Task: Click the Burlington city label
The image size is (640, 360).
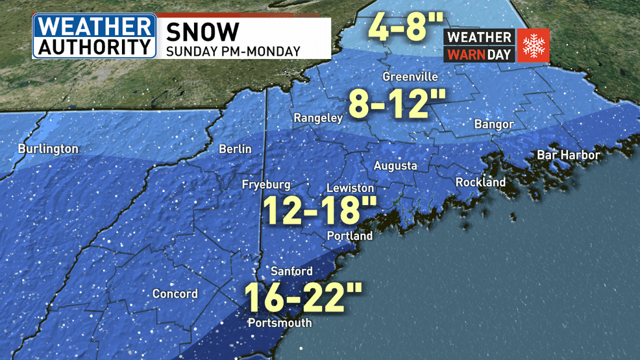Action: [48, 149]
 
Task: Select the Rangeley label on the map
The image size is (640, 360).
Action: [317, 118]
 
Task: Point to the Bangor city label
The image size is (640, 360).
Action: [494, 124]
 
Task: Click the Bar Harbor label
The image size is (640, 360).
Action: [569, 155]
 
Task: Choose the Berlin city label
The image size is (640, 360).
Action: [235, 149]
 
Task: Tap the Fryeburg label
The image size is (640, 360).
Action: [266, 185]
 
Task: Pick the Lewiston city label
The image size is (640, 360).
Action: [350, 187]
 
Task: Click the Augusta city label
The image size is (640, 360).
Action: [395, 166]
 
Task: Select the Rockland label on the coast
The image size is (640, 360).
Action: [480, 182]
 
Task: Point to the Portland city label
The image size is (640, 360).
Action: [350, 235]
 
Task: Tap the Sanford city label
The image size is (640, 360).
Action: [291, 271]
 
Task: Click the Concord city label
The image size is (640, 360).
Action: [175, 294]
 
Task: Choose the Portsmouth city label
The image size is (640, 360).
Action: [280, 322]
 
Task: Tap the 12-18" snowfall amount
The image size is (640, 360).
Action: [320, 210]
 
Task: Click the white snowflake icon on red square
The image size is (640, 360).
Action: [533, 45]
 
